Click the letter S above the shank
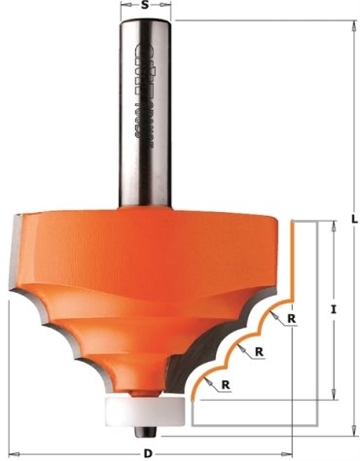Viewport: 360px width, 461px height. click(x=146, y=6)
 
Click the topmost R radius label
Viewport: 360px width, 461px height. click(x=292, y=318)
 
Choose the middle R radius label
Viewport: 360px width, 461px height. click(x=260, y=351)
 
